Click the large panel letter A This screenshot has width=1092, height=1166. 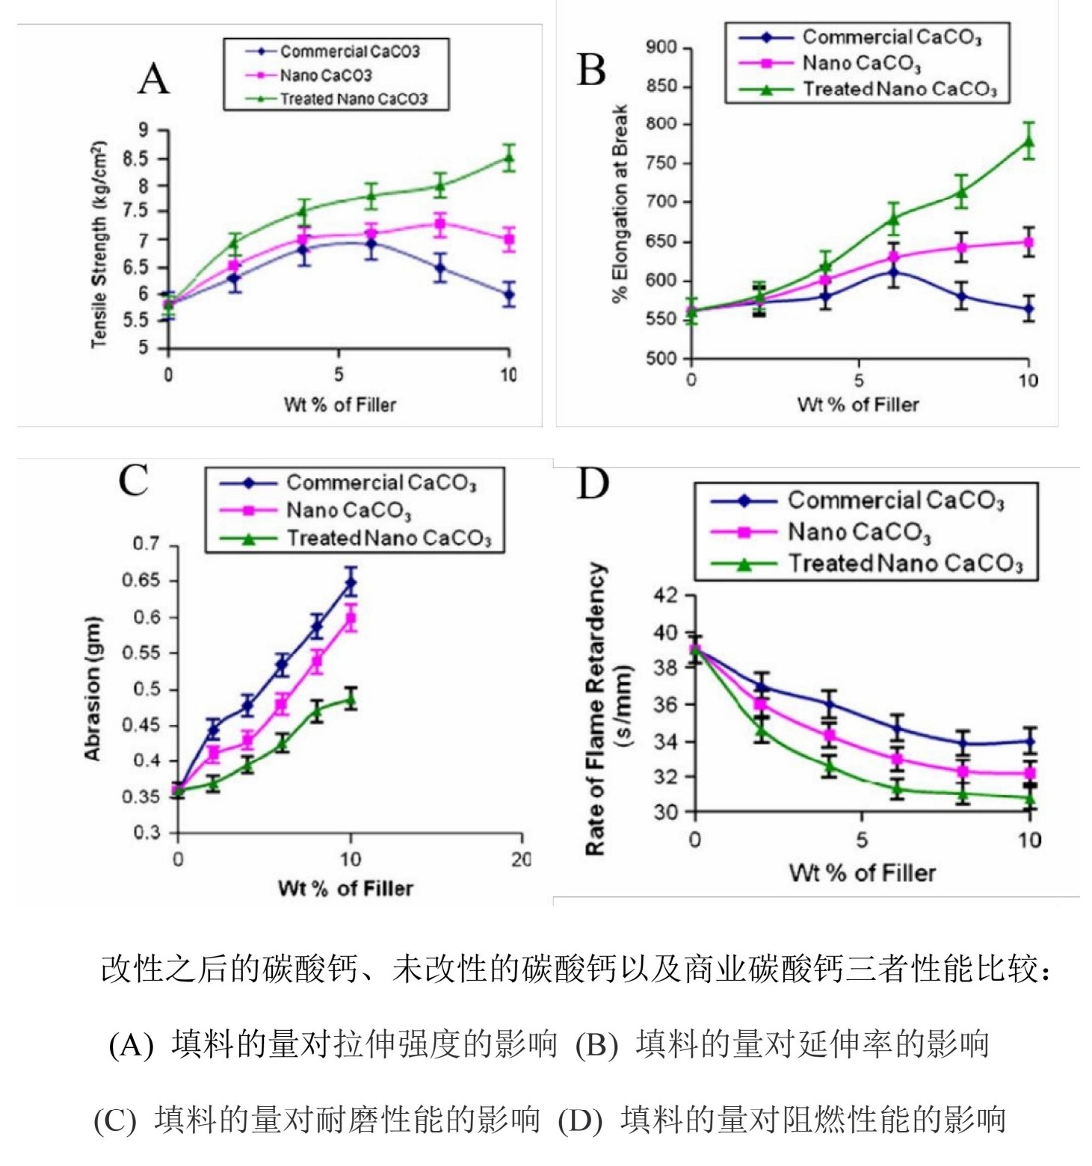[x=154, y=78]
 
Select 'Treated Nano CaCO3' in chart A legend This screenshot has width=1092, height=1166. [x=353, y=99]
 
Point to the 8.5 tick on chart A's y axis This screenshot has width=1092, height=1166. [x=137, y=158]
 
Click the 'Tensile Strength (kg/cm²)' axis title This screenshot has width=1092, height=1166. [x=99, y=244]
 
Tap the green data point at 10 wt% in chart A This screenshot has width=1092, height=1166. [x=509, y=158]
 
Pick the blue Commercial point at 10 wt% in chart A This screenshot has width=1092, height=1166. [x=509, y=294]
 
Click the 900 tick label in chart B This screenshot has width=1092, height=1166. [x=661, y=48]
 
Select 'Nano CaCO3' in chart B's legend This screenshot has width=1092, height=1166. [x=861, y=63]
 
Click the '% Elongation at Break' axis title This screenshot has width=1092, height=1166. [x=620, y=203]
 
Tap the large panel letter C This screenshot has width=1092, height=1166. [x=134, y=480]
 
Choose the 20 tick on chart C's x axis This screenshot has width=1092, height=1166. [x=520, y=860]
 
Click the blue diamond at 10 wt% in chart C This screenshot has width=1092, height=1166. [x=351, y=583]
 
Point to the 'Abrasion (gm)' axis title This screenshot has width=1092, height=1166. [x=93, y=689]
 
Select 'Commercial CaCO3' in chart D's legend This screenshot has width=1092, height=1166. [x=895, y=500]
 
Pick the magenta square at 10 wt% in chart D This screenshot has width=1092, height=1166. [x=1030, y=773]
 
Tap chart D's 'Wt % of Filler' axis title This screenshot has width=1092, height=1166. [x=862, y=872]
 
